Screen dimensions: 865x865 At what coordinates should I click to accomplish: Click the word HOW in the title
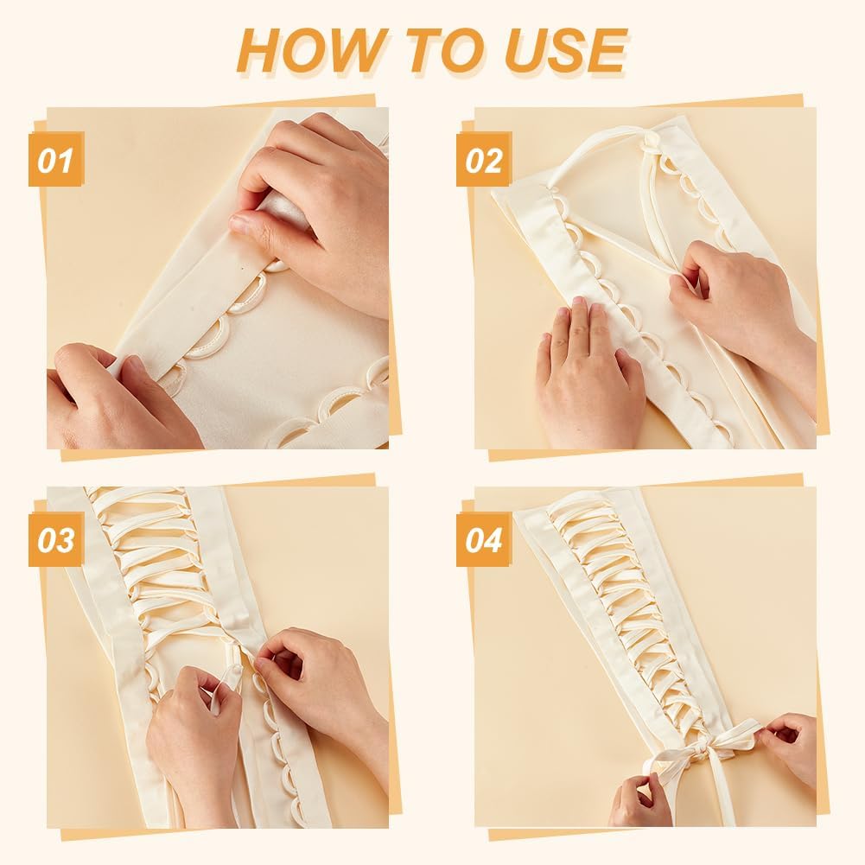[x=304, y=49]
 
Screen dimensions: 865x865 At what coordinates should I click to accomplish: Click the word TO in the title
[x=429, y=49]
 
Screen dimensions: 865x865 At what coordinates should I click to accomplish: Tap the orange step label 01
[x=56, y=160]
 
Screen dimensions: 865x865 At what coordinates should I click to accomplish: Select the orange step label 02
[x=484, y=160]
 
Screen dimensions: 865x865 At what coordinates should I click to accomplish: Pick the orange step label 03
[x=56, y=540]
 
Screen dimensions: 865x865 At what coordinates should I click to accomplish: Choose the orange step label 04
[x=484, y=540]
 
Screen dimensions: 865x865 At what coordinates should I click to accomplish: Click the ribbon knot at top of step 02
[x=654, y=138]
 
